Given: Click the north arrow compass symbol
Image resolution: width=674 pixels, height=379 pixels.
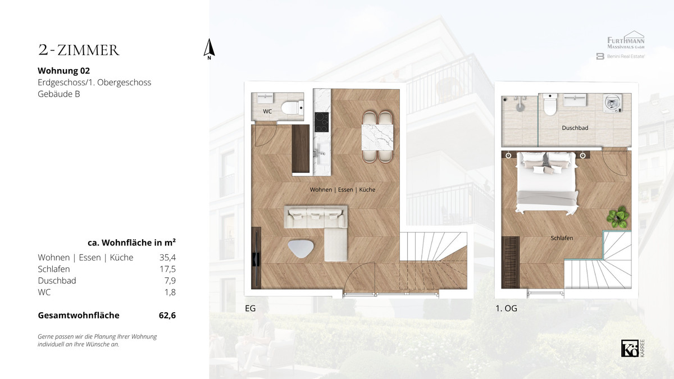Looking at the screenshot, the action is [209, 49].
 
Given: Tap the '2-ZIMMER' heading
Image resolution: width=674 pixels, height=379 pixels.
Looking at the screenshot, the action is [79, 50].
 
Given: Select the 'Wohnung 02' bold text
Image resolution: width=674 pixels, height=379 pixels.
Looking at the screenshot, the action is [64, 71].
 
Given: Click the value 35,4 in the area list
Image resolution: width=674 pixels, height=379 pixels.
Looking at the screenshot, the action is [167, 258].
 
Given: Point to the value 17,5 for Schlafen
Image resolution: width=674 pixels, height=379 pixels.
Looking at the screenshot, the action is [167, 269].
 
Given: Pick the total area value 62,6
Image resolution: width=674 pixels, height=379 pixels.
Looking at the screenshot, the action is [167, 315].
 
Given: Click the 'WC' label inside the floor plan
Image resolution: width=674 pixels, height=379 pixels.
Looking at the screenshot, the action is [267, 111].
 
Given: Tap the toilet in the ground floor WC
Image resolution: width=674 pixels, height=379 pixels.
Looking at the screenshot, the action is [292, 107].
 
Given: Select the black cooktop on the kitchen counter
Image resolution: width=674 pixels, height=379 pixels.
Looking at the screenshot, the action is [322, 122].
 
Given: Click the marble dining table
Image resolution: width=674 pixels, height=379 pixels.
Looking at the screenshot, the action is [377, 137].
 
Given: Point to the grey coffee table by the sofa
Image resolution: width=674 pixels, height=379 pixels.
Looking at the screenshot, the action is [300, 248].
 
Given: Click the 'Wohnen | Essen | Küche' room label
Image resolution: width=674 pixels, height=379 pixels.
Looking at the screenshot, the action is [343, 190].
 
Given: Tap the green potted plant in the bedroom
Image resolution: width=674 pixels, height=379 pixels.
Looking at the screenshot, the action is [618, 217].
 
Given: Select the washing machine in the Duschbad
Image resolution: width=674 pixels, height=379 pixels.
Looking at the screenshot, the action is [613, 103].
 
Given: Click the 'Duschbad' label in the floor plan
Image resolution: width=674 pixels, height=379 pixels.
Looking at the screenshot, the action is [575, 128].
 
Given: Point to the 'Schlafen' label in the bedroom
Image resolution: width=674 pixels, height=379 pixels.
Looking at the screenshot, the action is [562, 238].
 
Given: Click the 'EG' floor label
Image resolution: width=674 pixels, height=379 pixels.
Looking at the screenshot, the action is [251, 308].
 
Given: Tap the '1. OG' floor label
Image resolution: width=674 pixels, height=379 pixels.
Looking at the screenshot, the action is [507, 308].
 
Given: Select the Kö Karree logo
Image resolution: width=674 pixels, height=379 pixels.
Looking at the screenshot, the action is [633, 348].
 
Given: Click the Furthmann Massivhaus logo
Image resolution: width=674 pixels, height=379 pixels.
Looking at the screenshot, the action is [626, 40].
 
